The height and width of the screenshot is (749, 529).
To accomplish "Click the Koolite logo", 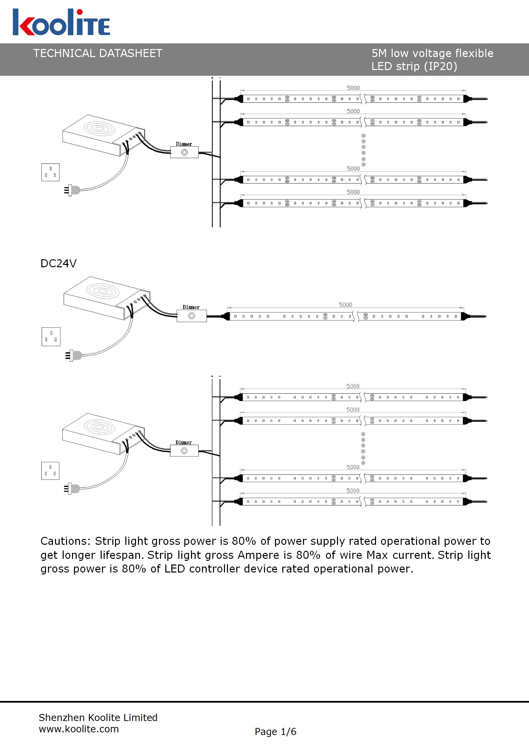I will (61, 22).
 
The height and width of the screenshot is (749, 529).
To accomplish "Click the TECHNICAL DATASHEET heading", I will (98, 53).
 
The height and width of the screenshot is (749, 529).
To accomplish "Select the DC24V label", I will (58, 264).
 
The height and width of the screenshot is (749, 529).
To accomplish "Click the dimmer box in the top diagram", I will (184, 152).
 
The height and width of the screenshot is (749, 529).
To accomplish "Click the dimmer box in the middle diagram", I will (192, 316).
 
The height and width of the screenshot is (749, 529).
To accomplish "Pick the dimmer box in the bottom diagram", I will (184, 451).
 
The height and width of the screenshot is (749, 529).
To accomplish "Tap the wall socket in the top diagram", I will (50, 172).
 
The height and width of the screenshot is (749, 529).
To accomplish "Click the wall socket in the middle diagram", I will (51, 337).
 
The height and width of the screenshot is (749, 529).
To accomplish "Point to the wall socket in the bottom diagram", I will (50, 471).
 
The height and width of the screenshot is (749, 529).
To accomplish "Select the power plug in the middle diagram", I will (74, 355).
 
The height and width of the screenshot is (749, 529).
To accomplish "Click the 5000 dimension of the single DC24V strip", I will (345, 305).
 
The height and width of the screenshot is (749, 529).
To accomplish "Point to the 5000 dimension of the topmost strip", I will (353, 88).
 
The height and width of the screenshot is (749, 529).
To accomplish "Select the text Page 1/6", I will (275, 732).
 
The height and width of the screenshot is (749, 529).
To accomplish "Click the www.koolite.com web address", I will (79, 729).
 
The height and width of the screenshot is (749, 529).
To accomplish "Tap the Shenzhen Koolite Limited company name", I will (98, 717).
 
